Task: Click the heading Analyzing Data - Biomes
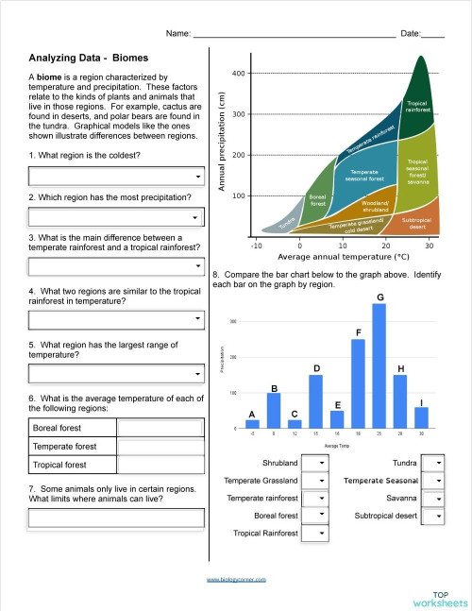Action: [83, 58]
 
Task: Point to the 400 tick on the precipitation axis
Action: [239, 74]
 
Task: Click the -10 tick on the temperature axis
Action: [256, 246]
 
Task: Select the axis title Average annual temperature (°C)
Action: [344, 256]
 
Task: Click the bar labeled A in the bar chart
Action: [252, 424]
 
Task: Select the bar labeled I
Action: [421, 417]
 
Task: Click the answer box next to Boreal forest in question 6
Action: [160, 428]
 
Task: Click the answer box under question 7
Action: [117, 518]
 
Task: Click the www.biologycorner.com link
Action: [236, 580]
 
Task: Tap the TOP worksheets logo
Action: [439, 596]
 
